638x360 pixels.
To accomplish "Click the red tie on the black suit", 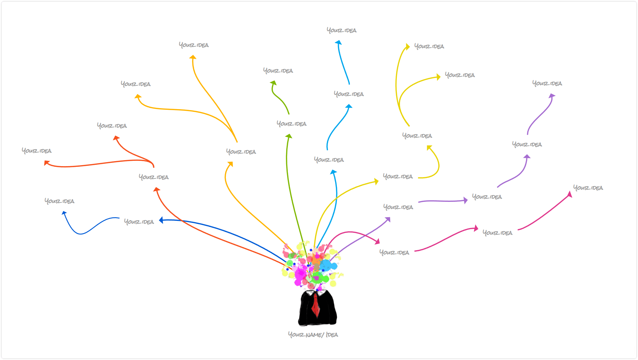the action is (x=315, y=305).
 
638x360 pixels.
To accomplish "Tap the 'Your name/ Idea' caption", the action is (x=313, y=334).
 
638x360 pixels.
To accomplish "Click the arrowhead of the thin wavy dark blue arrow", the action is (x=64, y=213).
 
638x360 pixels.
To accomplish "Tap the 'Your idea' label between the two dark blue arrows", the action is (x=139, y=222).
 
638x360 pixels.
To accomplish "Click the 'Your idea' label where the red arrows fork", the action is (x=153, y=177).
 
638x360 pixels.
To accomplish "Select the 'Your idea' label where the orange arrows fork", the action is (x=241, y=151).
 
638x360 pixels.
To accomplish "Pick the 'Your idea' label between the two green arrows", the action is (x=291, y=123).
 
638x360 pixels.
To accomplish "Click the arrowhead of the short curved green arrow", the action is (x=273, y=83).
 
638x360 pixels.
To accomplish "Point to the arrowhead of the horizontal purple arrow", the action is (x=466, y=200).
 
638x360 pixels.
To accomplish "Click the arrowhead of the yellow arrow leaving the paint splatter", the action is (x=377, y=182).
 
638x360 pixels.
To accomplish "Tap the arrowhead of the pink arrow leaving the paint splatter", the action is (x=377, y=241).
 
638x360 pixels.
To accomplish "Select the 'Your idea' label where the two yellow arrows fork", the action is (x=417, y=135).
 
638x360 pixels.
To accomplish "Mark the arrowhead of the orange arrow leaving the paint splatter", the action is (x=230, y=164).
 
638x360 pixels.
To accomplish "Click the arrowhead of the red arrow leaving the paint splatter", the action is (x=156, y=190).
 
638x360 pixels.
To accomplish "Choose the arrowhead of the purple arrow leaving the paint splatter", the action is (x=388, y=220).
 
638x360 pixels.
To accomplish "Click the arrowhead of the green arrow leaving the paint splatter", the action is (x=289, y=136).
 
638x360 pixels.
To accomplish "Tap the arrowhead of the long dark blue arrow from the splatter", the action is (x=161, y=220).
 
